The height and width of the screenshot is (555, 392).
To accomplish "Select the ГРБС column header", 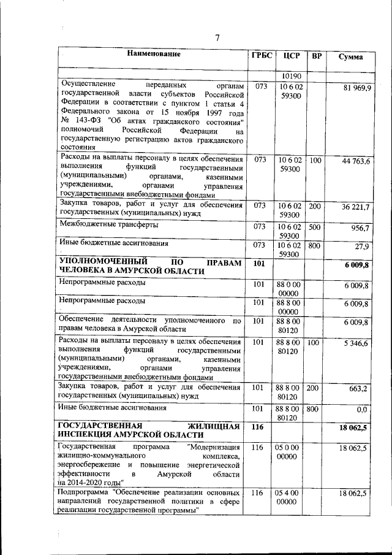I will tap(262, 55).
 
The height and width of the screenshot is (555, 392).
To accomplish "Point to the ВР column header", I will tap(317, 56).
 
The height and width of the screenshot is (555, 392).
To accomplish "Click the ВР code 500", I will tap(315, 226).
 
